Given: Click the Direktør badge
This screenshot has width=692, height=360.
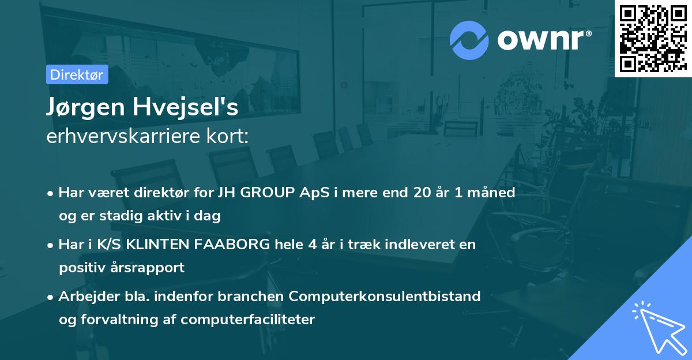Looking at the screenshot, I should point(77,74).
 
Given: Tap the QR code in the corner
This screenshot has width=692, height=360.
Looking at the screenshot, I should point(653,38).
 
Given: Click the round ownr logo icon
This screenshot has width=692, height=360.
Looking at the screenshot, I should point(469,40).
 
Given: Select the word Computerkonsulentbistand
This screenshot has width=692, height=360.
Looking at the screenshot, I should point(385,297).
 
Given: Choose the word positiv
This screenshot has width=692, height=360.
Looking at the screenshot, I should point(81,268).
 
